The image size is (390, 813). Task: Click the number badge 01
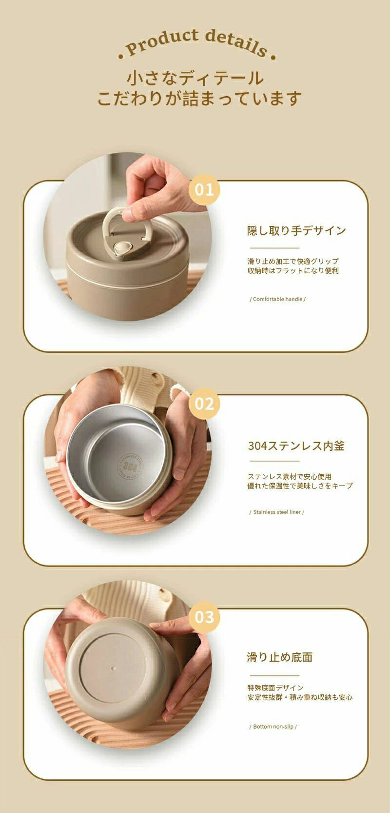(x=204, y=189)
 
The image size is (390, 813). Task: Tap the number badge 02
(x=204, y=404)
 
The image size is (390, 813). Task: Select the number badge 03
(x=204, y=617)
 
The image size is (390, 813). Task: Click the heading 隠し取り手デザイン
(x=296, y=230)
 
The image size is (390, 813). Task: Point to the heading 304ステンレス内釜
(x=296, y=446)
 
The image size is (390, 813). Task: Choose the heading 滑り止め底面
(x=279, y=657)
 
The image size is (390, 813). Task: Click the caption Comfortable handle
(x=278, y=299)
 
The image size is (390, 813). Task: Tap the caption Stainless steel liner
(x=277, y=512)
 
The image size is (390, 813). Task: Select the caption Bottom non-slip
(x=273, y=725)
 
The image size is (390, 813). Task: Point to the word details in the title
(x=237, y=43)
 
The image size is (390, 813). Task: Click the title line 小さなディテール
(x=195, y=78)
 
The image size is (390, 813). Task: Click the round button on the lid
(x=121, y=248)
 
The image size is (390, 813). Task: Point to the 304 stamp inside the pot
(x=130, y=466)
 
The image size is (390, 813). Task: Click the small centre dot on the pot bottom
(x=114, y=668)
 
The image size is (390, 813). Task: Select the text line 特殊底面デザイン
(x=275, y=688)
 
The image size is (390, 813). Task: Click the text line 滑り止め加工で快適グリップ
(x=293, y=261)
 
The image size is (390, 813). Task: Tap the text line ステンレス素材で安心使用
(x=290, y=477)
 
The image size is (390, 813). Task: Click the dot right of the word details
(x=273, y=57)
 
